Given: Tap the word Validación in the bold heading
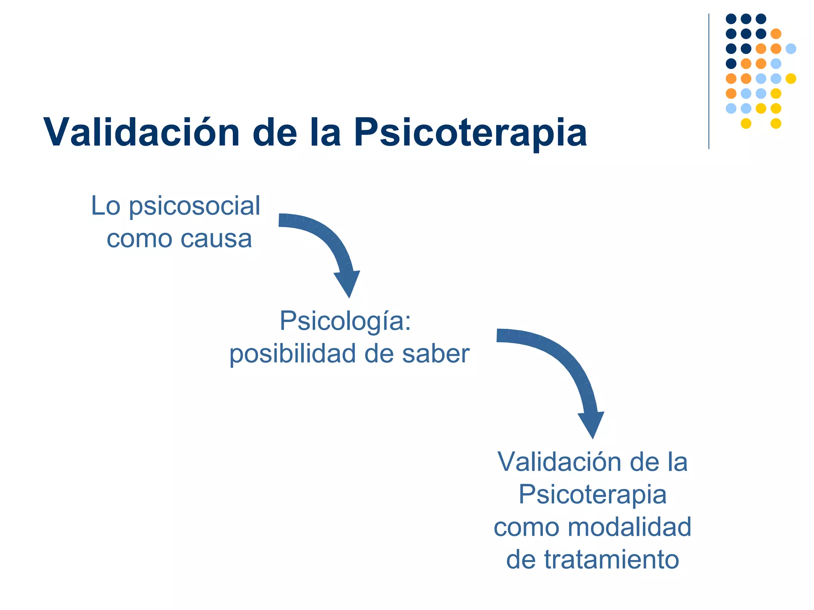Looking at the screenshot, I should (141, 132).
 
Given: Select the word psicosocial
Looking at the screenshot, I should (195, 207).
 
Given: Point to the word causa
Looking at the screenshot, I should (216, 239).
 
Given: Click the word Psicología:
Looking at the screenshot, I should (345, 320).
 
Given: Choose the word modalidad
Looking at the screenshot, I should (630, 527).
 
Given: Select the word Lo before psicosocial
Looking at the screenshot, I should (105, 206).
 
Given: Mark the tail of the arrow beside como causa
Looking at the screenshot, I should (283, 220).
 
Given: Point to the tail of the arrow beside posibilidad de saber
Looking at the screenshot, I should (502, 335).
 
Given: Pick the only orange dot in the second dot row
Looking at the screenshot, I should (776, 34).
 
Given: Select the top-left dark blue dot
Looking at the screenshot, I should (731, 19).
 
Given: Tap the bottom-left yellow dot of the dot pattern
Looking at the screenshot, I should (746, 124).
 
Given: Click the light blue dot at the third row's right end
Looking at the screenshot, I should (791, 49).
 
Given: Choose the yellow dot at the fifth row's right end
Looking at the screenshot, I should (791, 79).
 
